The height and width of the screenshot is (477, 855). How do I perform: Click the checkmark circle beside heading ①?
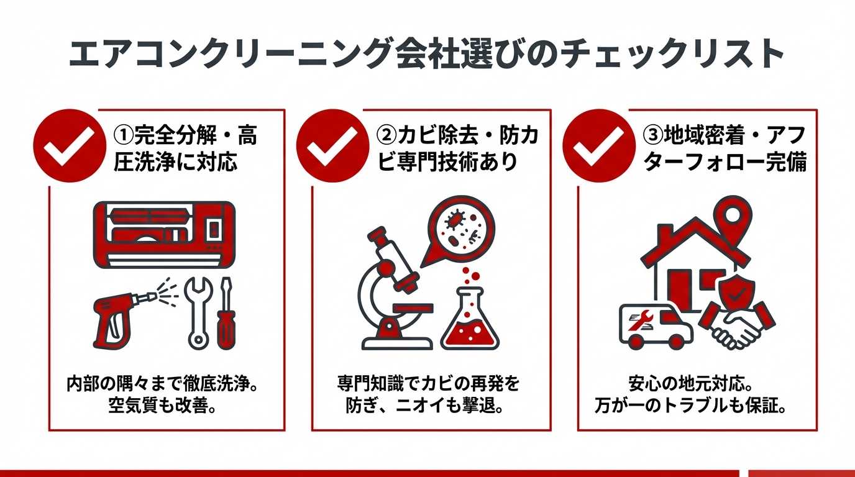coord(69,146)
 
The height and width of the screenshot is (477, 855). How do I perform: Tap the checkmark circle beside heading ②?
coord(332,146)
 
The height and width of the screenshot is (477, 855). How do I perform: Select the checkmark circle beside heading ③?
coord(598,146)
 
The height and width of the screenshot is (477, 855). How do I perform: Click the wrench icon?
coord(199,311)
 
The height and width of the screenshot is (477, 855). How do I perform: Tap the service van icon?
coord(656,326)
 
